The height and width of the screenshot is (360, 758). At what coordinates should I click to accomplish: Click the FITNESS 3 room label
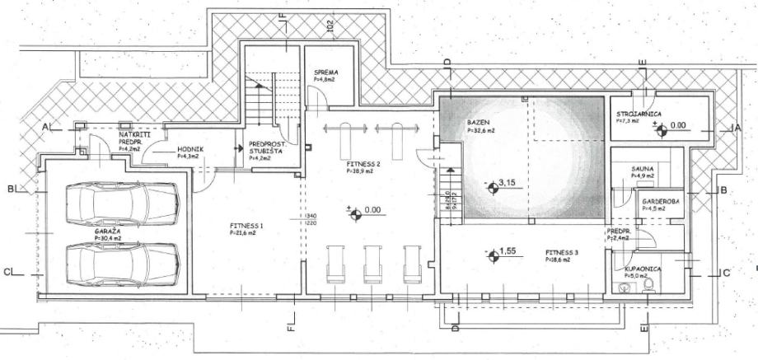[x=562, y=252]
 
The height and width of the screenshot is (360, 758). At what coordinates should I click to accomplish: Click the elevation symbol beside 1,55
[x=493, y=256]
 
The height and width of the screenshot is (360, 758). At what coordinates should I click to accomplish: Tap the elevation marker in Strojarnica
[x=657, y=127]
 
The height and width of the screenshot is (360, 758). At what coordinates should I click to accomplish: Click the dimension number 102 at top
[x=330, y=24]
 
